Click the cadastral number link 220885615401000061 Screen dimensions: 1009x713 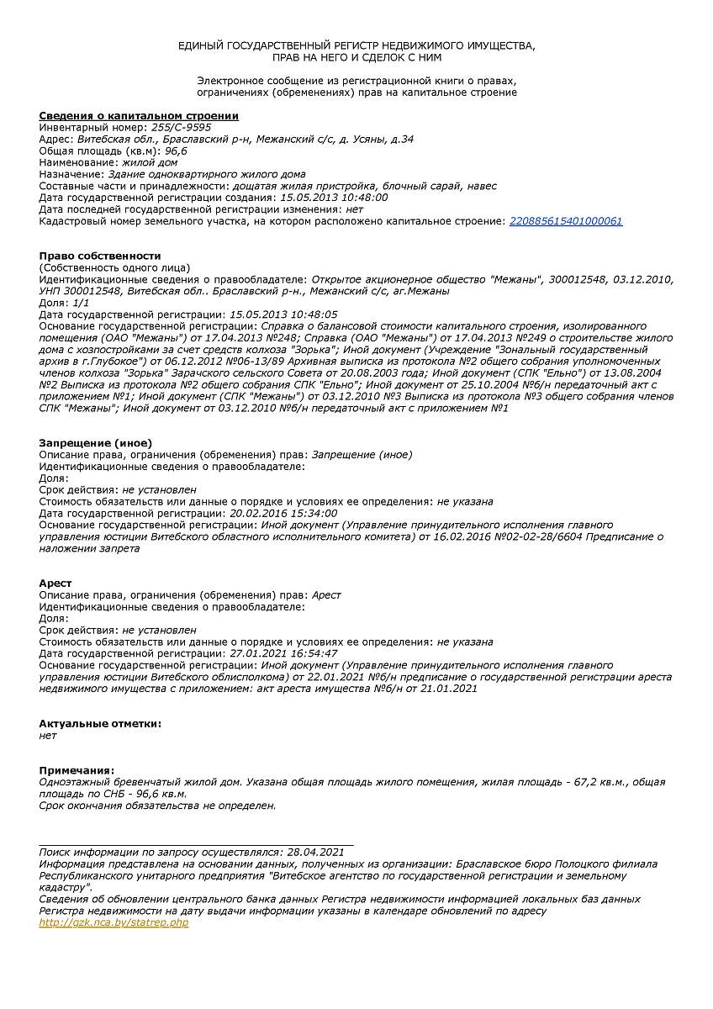tap(566, 221)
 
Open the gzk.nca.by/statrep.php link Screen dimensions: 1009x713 tap(114, 922)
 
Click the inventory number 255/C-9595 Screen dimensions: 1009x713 tap(182, 127)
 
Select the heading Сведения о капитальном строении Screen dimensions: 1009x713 tap(139, 115)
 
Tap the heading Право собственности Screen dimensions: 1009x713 tap(99, 256)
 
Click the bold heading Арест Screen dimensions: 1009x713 tap(55, 583)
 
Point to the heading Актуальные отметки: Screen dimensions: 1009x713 tap(100, 723)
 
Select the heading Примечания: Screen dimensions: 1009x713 tap(77, 770)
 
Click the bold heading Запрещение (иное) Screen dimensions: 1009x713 tap(96, 442)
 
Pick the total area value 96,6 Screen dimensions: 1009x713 tap(175, 151)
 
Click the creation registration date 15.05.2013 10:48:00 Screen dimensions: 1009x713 tap(334, 198)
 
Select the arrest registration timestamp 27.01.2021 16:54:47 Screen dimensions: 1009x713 tap(283, 653)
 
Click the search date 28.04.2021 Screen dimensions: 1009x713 tap(315, 852)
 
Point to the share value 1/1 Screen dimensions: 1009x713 tap(82, 302)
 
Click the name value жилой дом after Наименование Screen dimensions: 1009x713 tap(150, 162)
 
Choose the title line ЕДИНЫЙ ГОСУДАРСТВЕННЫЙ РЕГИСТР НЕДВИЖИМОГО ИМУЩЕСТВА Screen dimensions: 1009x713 tap(356, 45)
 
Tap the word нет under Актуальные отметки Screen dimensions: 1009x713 tap(48, 735)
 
